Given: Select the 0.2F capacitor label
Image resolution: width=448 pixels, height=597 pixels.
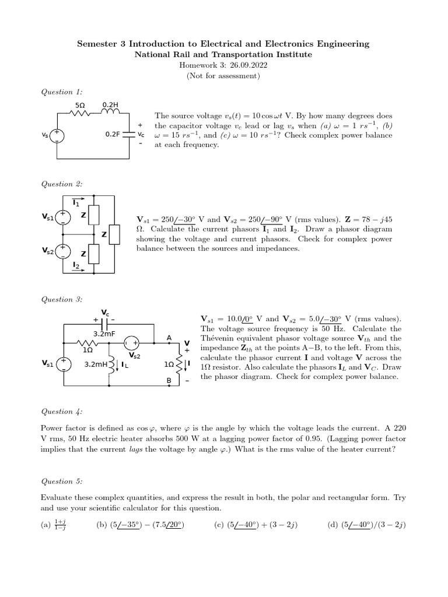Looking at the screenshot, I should point(112,134).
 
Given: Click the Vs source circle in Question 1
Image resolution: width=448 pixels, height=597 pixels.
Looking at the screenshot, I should point(57,135).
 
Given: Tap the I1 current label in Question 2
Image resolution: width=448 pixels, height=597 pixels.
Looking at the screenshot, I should point(76,202).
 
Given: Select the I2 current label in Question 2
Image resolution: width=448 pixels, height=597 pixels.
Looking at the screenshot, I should point(76,266).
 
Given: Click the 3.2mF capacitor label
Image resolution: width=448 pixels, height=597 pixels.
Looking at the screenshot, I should point(103,334).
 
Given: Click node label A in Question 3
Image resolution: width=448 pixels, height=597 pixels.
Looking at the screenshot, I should point(169,338).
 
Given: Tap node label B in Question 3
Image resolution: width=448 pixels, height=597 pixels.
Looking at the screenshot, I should point(169,381).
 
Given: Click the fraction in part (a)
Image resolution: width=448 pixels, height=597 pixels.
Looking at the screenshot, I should point(59,526).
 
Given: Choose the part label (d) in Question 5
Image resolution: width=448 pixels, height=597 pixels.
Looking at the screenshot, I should point(335,525).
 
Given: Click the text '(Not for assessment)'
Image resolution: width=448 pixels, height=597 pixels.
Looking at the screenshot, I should point(223,75).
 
